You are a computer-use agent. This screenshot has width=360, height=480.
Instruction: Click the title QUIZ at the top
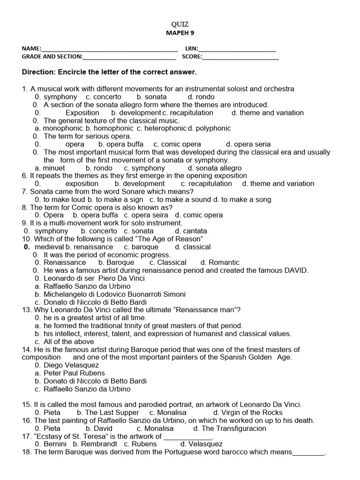click(180, 24)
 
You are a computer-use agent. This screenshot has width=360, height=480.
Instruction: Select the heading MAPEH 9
click(180, 33)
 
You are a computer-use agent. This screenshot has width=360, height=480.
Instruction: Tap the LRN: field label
click(192, 49)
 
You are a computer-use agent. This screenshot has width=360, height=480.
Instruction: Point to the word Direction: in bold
click(38, 73)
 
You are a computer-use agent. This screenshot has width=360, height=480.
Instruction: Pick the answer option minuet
click(54, 168)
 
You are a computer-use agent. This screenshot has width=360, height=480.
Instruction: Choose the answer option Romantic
click(224, 262)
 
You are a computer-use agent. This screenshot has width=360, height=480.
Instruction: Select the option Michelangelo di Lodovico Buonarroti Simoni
click(114, 294)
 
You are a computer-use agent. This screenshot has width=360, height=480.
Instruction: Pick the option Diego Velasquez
click(71, 365)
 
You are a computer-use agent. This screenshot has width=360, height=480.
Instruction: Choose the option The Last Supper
click(112, 412)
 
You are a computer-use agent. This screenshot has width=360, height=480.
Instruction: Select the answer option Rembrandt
click(98, 444)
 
